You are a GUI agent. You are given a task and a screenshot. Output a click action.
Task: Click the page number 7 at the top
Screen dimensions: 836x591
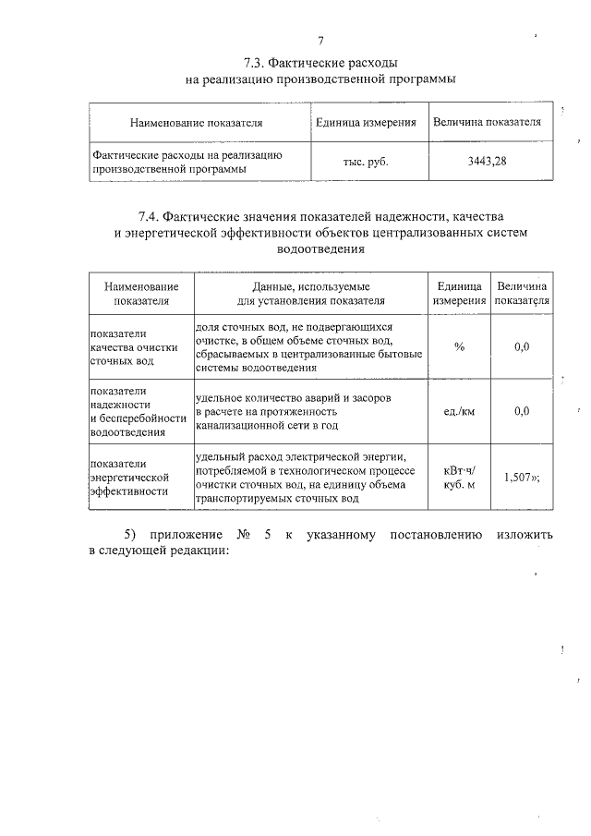320,41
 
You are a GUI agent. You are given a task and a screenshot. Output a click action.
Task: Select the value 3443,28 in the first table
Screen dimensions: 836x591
487,162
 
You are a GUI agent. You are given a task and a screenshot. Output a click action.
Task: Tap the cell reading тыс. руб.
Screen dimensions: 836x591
366,162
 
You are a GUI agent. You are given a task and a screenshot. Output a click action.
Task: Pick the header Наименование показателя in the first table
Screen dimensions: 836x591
197,122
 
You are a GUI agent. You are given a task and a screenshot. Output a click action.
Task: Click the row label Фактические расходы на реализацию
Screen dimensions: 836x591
186,154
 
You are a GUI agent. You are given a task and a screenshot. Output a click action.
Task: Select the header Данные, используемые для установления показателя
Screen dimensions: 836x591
309,294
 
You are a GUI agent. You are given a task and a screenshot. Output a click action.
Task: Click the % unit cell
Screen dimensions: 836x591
459,346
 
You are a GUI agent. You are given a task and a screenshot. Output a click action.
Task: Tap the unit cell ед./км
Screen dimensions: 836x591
459,412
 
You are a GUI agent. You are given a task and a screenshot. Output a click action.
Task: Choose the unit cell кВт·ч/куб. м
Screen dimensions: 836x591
459,478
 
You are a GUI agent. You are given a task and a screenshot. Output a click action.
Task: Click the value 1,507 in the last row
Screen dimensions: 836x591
518,478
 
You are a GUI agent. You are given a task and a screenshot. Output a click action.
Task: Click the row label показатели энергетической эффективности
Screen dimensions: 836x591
129,478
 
